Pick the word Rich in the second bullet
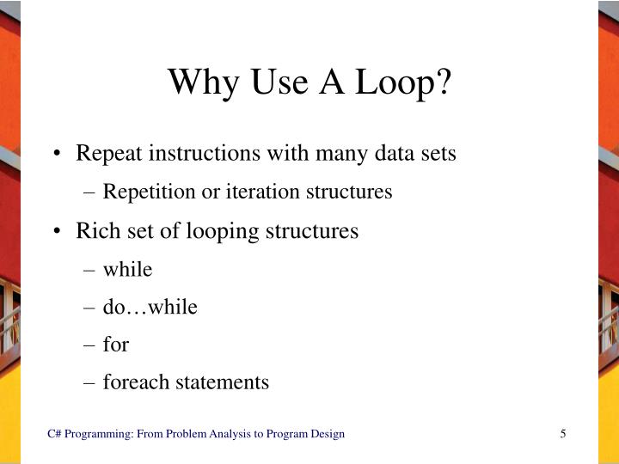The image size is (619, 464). click(93, 231)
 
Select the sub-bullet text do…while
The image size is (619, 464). click(150, 307)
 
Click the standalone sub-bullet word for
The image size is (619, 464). click(116, 345)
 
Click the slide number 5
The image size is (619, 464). click(563, 434)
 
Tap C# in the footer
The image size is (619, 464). click(54, 434)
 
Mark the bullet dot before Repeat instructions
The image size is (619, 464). click(58, 155)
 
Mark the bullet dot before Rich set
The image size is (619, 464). click(58, 232)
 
